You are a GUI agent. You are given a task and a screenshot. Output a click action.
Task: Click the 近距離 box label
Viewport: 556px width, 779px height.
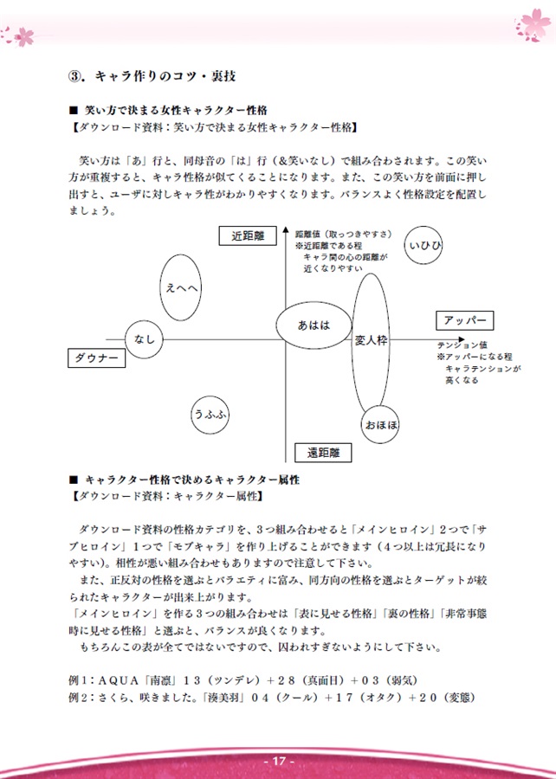[x=248, y=236]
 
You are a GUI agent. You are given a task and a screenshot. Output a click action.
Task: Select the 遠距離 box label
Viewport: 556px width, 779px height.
[x=323, y=453]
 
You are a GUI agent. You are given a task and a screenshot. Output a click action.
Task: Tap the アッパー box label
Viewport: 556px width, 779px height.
[x=464, y=320]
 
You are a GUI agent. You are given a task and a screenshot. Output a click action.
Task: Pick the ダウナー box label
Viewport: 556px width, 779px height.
[x=96, y=357]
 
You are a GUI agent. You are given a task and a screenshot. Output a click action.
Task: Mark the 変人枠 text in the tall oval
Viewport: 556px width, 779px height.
[x=371, y=341]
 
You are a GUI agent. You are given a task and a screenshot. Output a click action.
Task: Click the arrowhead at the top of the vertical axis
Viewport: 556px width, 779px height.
[x=285, y=229]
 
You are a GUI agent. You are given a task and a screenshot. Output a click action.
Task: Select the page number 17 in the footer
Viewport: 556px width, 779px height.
[x=278, y=761]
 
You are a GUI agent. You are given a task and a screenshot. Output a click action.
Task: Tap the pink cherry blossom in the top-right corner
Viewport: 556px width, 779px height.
[x=533, y=25]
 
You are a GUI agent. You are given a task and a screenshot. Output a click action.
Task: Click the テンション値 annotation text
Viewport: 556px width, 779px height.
[x=454, y=345]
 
